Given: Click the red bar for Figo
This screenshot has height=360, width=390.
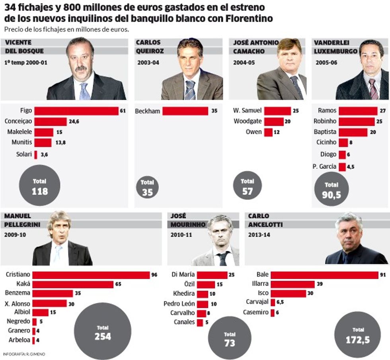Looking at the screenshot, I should [x=76, y=111].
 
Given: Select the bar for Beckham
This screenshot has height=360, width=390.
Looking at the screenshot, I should [x=185, y=111].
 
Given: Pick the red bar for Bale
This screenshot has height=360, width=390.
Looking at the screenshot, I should [x=324, y=275].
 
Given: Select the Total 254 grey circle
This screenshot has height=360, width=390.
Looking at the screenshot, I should [x=103, y=332].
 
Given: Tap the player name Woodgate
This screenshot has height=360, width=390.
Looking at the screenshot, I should [x=248, y=121].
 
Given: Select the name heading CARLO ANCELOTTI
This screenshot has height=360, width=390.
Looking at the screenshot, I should [x=265, y=220].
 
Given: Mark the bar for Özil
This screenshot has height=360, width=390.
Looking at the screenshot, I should [x=206, y=284].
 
